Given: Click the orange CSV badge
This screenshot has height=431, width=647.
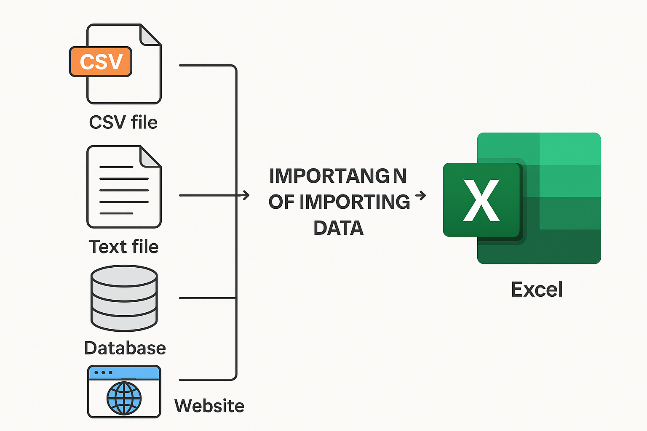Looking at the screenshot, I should pos(101,61).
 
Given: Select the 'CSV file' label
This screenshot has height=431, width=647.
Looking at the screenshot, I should pos(123,122).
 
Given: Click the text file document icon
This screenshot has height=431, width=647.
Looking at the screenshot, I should pos(123,187).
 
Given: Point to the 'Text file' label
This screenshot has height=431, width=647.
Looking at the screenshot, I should pos(123,247).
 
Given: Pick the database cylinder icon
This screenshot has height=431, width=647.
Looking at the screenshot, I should pos(124,298).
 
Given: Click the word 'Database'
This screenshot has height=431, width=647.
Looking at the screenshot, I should pos(125,348).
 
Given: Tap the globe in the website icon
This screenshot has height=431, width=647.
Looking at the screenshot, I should pos(124,398).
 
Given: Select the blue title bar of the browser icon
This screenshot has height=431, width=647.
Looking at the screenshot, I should pos(124,372).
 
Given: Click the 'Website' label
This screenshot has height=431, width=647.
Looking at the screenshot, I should pos(209,406).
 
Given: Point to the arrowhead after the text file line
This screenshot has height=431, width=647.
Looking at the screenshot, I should pos(246,195).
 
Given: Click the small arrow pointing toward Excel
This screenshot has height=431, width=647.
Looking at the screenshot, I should pos(420,195).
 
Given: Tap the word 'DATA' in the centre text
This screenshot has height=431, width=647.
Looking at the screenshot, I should pos(338,228).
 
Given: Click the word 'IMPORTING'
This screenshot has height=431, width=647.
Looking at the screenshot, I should pos(355,202).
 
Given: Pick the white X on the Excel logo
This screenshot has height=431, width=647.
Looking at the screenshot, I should pos(481,200).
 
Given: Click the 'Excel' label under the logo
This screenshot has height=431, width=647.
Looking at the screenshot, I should pos(537,290).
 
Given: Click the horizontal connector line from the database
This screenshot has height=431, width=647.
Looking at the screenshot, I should pos(207,298).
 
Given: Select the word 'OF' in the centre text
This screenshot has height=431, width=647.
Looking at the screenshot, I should pos(281,202).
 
